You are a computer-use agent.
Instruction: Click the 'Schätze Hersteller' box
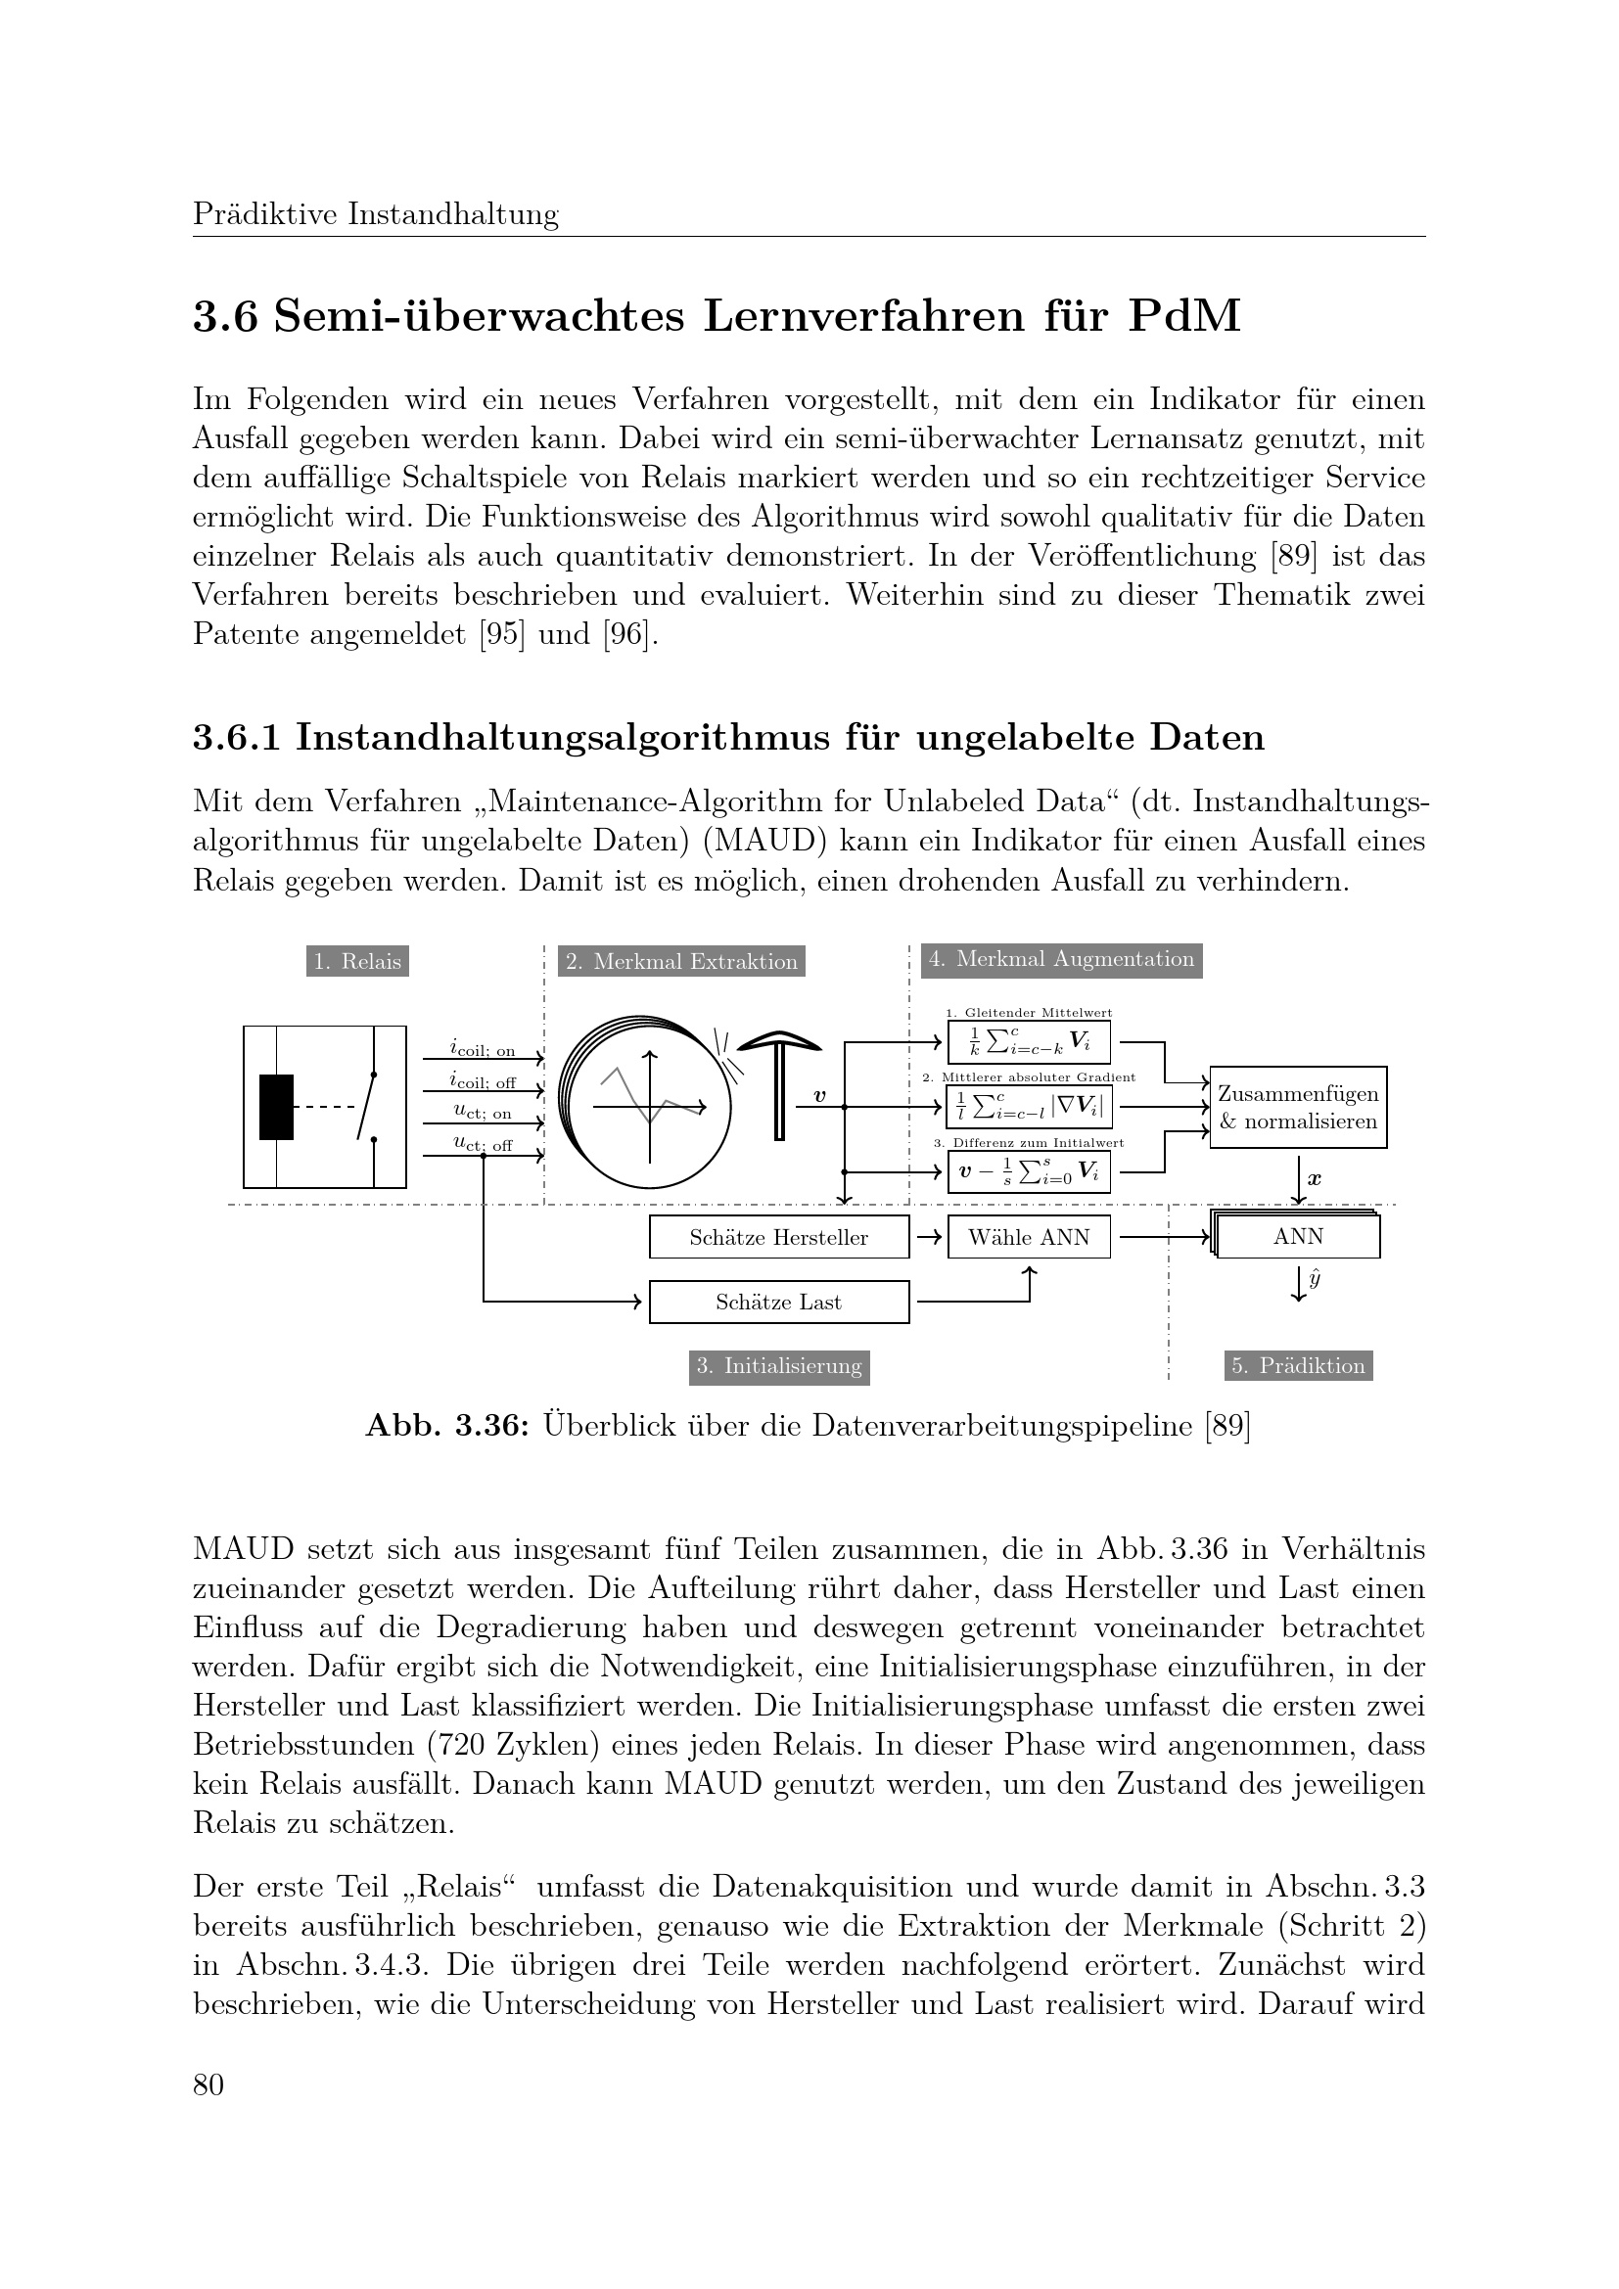tap(778, 1237)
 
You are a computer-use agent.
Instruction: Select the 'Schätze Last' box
tap(778, 1302)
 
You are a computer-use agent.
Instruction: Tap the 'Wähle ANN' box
tap(1029, 1237)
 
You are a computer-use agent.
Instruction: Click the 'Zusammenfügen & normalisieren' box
tap(1298, 1108)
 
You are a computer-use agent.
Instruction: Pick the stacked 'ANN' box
tap(1298, 1237)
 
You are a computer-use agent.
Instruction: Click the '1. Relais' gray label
tap(357, 962)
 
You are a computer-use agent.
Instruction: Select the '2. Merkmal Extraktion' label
tap(681, 962)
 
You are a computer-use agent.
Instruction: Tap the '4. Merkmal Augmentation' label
tap(1061, 959)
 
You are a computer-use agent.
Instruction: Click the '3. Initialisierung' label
tap(778, 1366)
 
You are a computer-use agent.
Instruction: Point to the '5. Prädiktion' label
tap(1298, 1366)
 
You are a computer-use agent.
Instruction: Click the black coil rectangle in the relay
tap(276, 1107)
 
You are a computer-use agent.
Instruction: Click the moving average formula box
tap(1029, 1043)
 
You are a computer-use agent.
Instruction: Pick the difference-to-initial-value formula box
tap(1029, 1171)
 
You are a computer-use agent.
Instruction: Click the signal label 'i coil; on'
tap(483, 1050)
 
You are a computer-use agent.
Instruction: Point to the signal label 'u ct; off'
tap(483, 1145)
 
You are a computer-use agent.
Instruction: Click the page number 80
tap(208, 2084)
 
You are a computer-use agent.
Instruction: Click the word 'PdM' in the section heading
tap(1184, 317)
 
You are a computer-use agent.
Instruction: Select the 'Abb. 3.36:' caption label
tap(446, 1427)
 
